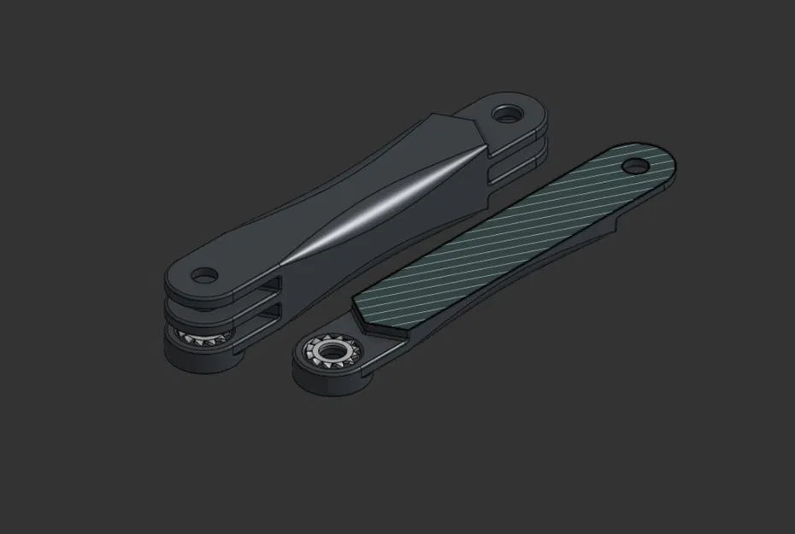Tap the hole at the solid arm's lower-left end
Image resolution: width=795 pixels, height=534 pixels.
pos(204,276)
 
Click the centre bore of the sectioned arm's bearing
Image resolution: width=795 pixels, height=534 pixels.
pos(329,351)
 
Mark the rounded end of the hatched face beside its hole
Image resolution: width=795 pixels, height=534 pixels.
pos(662,159)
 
